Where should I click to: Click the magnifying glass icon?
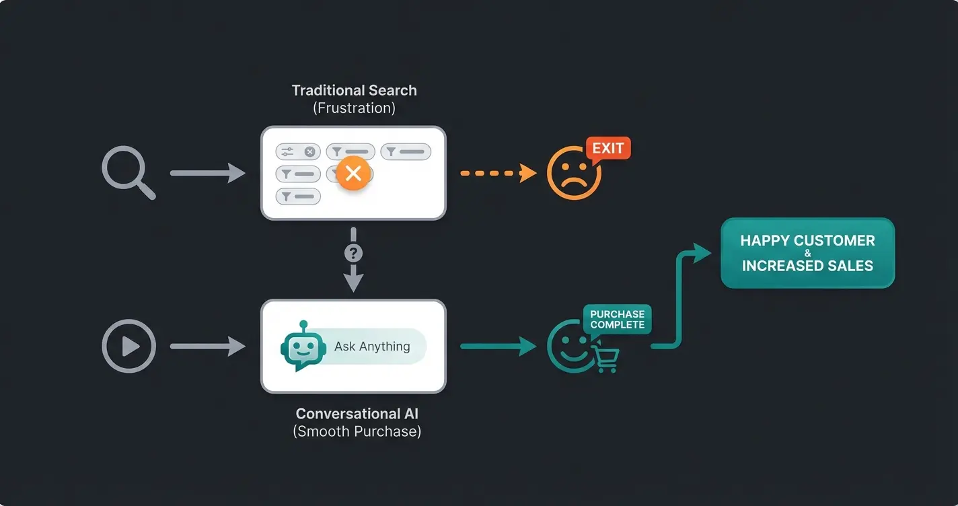coord(126,171)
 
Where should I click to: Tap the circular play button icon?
coord(128,347)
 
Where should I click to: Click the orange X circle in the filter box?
coord(353,174)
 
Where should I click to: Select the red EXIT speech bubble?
coord(608,148)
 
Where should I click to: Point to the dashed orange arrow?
coord(498,174)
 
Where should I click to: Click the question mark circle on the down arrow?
coord(353,254)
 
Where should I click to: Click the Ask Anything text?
coord(372,347)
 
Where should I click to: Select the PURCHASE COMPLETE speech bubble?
coord(617,320)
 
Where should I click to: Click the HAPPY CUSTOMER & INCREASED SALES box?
coord(807,253)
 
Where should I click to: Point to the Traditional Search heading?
coord(354,90)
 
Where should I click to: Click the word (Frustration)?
coord(354,108)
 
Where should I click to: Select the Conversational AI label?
coord(357,414)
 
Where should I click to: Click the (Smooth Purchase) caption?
coord(357,431)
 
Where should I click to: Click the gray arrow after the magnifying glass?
coord(207,173)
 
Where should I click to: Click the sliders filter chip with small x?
coord(298,152)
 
